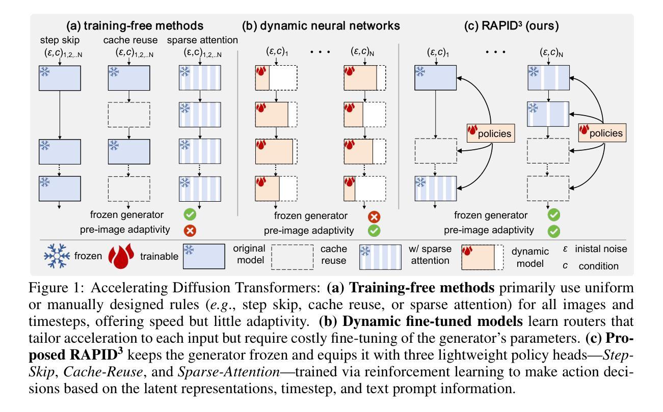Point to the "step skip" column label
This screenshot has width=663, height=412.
pyautogui.click(x=58, y=40)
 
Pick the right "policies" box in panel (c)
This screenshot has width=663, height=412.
pyautogui.click(x=601, y=133)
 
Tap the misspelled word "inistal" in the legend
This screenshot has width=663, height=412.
pyautogui.click(x=592, y=250)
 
